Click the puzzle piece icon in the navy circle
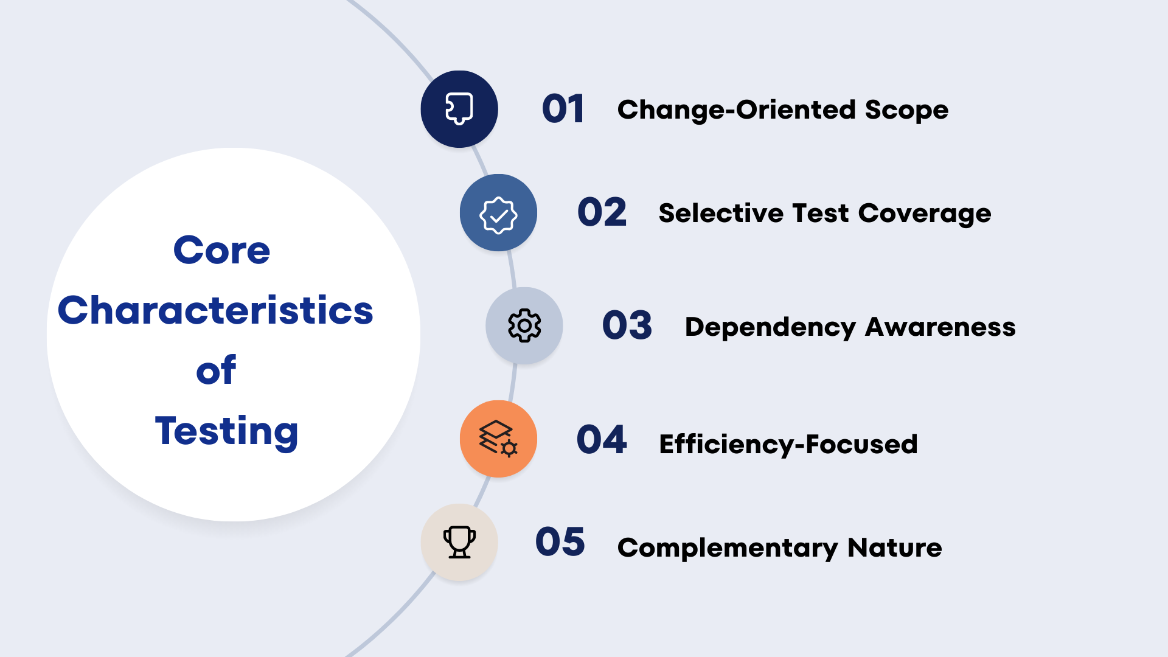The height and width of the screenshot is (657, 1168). pos(459,109)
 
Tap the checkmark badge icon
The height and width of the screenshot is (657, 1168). pos(498,215)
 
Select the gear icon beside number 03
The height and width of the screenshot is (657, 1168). pos(524,325)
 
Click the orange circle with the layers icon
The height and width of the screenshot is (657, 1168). pos(498,439)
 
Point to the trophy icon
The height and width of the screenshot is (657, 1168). pos(459,542)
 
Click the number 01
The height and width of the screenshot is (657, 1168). pos(563,109)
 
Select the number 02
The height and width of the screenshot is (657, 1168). pos(602,212)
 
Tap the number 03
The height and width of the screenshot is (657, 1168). pos(627,325)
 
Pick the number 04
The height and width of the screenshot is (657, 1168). pos(602,439)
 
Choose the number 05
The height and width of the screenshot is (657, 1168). pos(560,541)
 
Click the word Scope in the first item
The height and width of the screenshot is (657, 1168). pos(906,111)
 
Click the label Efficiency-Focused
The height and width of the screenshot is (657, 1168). pos(788,445)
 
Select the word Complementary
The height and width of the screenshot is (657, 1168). pos(728,549)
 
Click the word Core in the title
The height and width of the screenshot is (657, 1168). pos(221,250)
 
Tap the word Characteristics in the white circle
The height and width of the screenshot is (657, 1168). pos(215,310)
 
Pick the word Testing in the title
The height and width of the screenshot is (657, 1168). pos(226,431)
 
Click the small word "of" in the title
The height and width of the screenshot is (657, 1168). pos(216,370)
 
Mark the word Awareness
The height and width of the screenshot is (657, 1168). pos(940,327)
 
